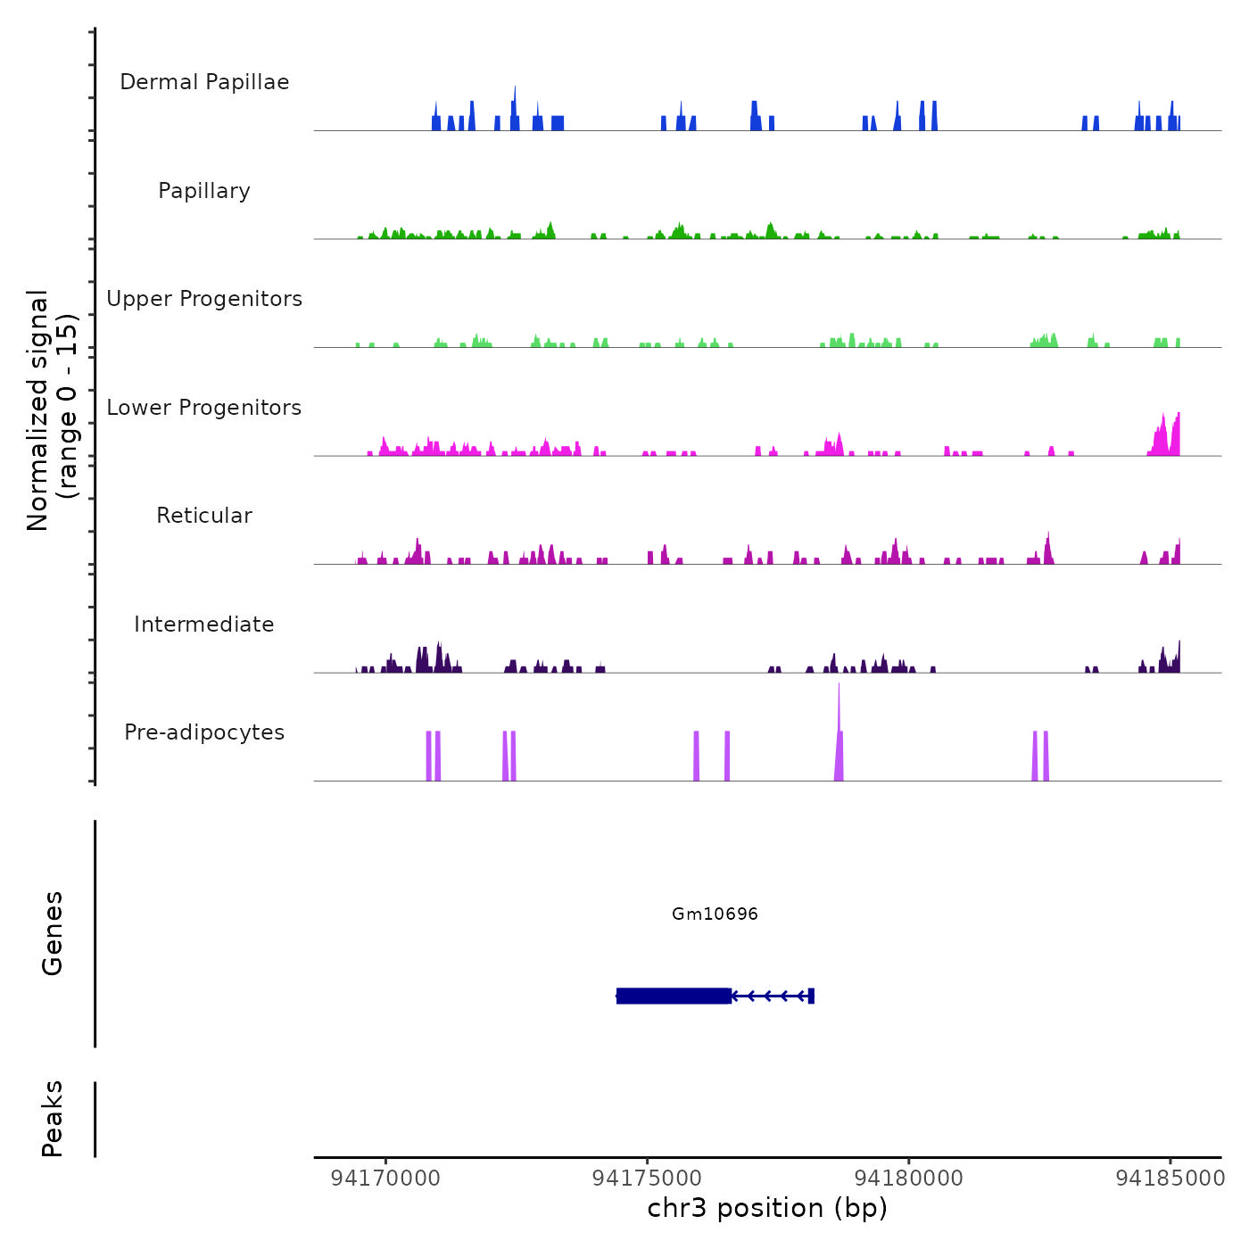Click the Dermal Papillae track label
[204, 82]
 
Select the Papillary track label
[204, 191]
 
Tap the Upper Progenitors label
[204, 299]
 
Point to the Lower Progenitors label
[204, 408]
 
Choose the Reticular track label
[204, 516]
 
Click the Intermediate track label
[204, 624]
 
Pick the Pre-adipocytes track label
[204, 732]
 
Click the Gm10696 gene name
[715, 914]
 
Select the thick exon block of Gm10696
[674, 996]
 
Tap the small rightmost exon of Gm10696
[811, 996]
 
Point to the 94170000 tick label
[385, 1179]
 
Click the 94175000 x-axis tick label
[647, 1179]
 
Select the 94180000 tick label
[909, 1179]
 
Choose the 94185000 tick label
[1170, 1179]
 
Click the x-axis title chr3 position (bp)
[767, 1208]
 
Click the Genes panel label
[53, 933]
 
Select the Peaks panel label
[53, 1119]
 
